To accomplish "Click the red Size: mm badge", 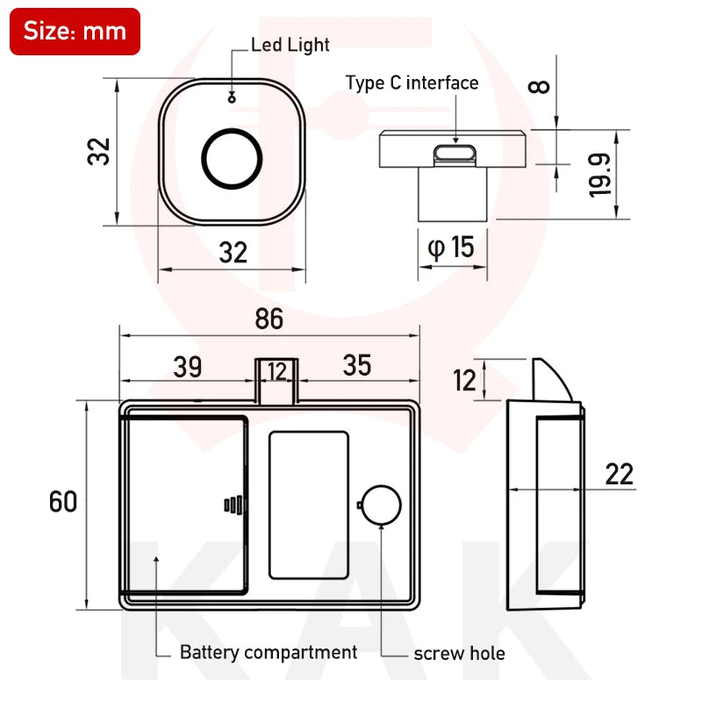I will pyautogui.click(x=75, y=32).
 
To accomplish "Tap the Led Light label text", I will pyautogui.click(x=290, y=44).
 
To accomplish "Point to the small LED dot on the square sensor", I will pyautogui.click(x=232, y=97).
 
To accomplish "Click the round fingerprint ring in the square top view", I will pyautogui.click(x=232, y=158).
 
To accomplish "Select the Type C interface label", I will pyautogui.click(x=412, y=83).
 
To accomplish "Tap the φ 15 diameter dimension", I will pyautogui.click(x=451, y=247).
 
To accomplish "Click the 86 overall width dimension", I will pyautogui.click(x=269, y=319).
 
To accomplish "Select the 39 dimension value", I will pyautogui.click(x=187, y=367).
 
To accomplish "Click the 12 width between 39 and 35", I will pyautogui.click(x=277, y=371).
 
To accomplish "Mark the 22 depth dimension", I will pyautogui.click(x=619, y=475).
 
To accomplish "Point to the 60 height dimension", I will pyautogui.click(x=63, y=502).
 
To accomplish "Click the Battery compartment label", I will pyautogui.click(x=268, y=652).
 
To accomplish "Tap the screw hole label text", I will pyautogui.click(x=459, y=653).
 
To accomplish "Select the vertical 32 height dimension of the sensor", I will pyautogui.click(x=99, y=151).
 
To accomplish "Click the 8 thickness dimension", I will pyautogui.click(x=541, y=87).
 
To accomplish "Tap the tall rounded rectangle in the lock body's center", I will pyautogui.click(x=308, y=505).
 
